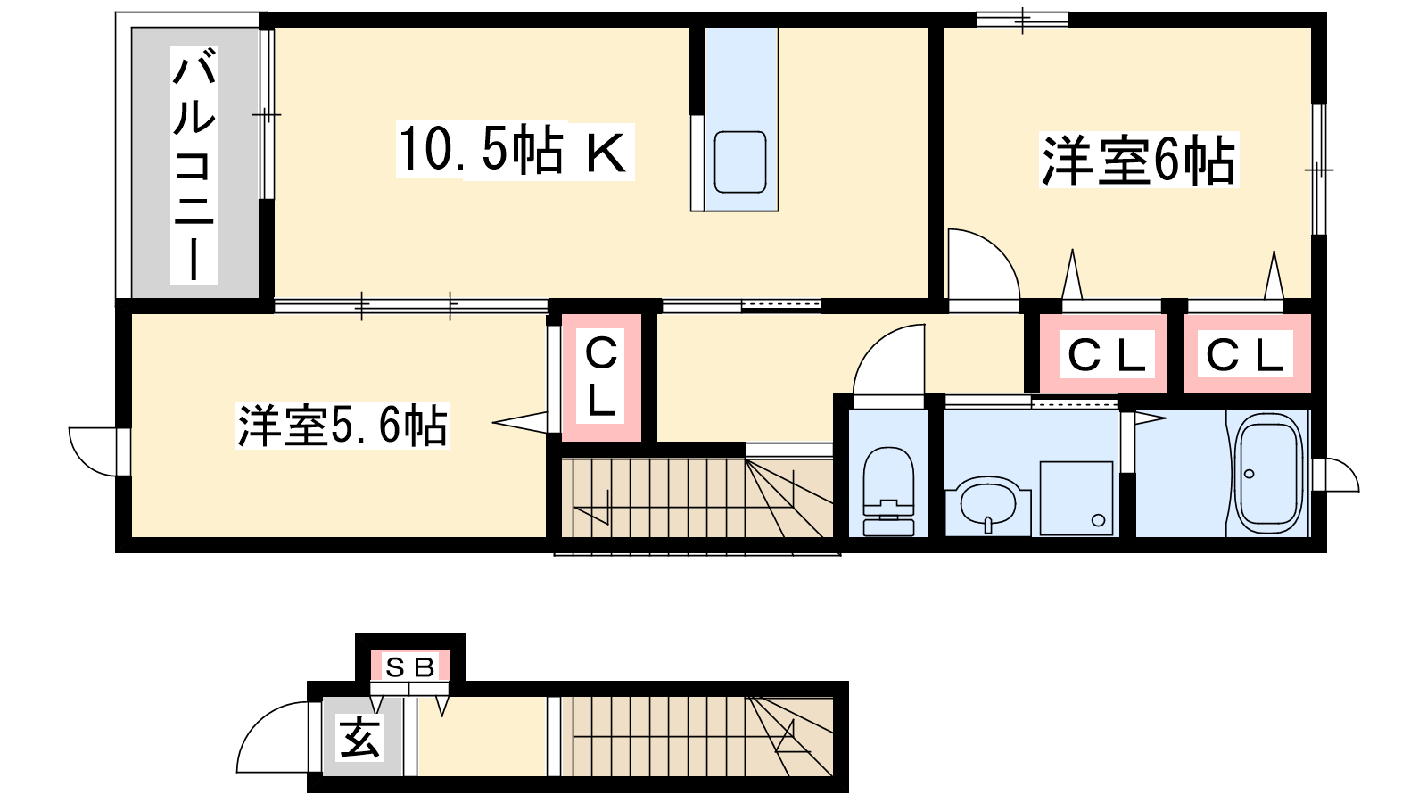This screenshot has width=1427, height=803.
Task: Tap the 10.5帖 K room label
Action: (515, 152)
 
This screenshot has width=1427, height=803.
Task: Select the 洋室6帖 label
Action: (1138, 160)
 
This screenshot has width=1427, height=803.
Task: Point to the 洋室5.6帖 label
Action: (342, 425)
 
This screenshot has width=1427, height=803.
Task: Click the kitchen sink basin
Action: (739, 161)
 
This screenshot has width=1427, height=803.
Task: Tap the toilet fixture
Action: (888, 491)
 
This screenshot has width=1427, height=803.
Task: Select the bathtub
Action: (1268, 473)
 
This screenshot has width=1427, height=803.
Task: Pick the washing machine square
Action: (1076, 499)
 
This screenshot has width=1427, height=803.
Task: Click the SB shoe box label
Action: (410, 666)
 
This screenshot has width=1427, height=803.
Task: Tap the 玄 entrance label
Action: (360, 739)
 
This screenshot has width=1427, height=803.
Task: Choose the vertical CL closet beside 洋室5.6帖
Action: (601, 377)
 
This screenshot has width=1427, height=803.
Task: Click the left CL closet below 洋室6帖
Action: (1107, 355)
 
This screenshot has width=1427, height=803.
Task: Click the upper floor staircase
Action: (697, 498)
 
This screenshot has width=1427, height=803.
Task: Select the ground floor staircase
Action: (697, 737)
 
